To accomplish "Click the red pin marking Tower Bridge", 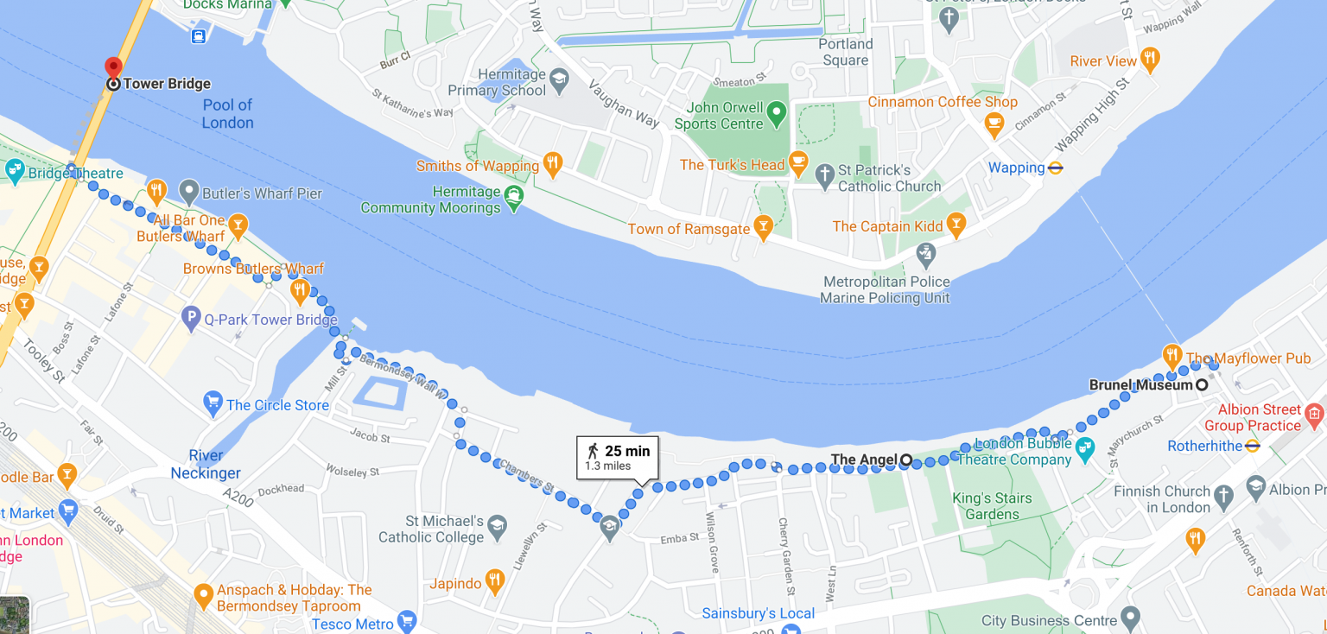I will point(113,67).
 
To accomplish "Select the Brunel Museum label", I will point(1140,385).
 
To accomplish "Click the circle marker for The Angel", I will point(905,460).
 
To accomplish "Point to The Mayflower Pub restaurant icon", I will point(1171,354).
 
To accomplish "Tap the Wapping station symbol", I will point(1055,168).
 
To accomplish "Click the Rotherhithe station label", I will point(1204,447).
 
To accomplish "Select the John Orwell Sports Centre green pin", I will point(777,112).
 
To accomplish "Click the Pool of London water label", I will point(227,114).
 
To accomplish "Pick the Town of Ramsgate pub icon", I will point(763,227).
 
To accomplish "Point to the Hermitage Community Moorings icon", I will point(514,195).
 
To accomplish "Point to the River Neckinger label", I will point(206,464).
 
